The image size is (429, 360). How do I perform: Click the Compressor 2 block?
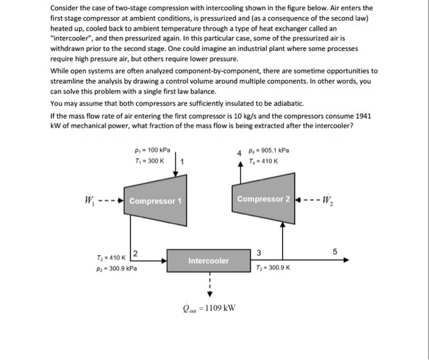point(264,199)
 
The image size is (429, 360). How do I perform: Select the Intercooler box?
point(208,261)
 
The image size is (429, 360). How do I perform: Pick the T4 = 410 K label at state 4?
point(265,161)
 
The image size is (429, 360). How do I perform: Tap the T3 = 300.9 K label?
point(273,268)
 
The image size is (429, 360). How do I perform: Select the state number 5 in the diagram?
point(335,251)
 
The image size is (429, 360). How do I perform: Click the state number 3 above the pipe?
point(259,253)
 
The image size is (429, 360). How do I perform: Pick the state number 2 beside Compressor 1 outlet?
point(135,253)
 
